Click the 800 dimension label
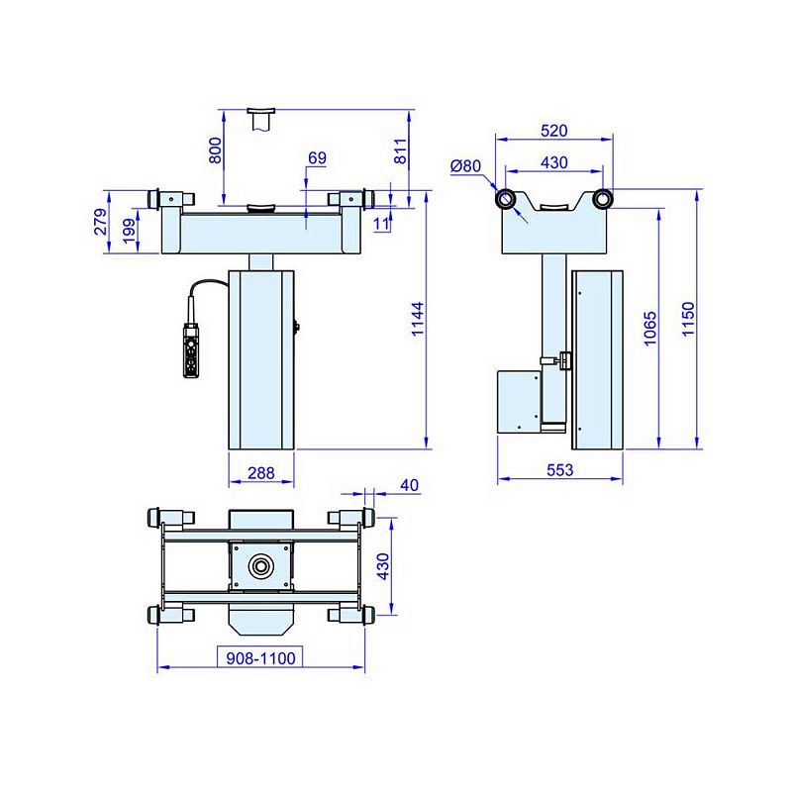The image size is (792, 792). (215, 150)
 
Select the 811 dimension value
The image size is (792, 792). (400, 150)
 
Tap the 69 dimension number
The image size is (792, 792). (317, 158)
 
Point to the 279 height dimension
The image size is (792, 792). (101, 222)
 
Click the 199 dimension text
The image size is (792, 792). (130, 231)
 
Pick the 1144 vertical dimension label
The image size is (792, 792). (418, 319)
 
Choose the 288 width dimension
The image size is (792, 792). (261, 473)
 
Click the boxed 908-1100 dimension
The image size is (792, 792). (260, 657)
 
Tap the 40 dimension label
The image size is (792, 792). (409, 485)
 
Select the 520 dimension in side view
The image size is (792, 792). (554, 131)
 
